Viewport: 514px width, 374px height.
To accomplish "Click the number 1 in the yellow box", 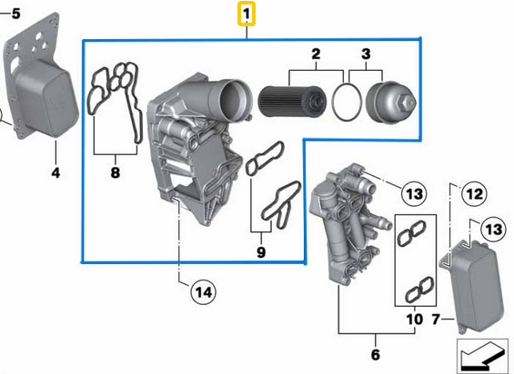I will [247, 15].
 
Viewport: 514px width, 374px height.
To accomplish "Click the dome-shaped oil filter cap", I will [390, 102].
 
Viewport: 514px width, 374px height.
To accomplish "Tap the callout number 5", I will [15, 13].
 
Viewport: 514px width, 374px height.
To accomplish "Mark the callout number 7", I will [435, 320].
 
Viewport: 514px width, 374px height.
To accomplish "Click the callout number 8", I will [116, 172].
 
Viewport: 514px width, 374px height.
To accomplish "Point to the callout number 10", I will [413, 320].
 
